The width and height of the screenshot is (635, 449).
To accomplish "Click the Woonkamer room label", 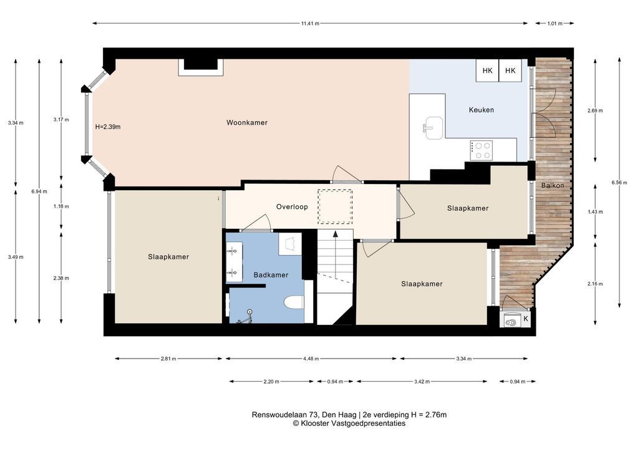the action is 246,123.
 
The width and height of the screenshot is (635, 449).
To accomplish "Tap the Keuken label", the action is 481,110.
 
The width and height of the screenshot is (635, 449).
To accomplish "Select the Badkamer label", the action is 271,275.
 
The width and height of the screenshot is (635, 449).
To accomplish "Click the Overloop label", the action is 292,206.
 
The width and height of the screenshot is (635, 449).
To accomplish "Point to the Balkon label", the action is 553,185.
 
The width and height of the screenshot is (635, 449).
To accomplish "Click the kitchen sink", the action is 433,128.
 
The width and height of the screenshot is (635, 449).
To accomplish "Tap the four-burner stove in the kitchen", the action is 482,150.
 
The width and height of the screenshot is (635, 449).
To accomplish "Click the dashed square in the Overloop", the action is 335,206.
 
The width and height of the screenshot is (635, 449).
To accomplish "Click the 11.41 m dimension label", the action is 310,24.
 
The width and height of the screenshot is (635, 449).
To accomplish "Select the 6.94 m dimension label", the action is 39,191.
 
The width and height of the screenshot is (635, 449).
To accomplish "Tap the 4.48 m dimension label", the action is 311,359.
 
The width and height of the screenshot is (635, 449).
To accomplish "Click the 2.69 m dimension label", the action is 595,110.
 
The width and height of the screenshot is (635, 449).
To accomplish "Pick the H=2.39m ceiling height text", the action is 108,127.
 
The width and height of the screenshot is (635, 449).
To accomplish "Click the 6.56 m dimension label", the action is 619,183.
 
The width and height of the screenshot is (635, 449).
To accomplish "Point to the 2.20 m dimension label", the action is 271,382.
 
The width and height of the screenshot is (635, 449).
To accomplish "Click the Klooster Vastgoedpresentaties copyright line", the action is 349,423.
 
